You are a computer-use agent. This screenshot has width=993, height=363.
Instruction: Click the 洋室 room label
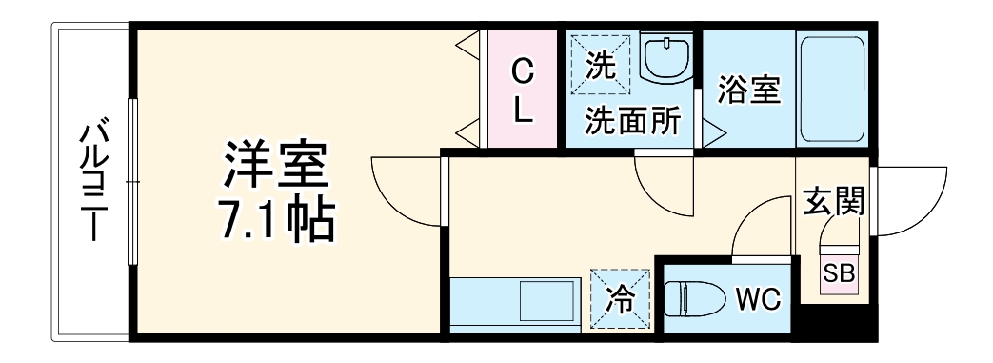(275, 165)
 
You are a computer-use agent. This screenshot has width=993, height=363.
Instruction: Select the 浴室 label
(748, 91)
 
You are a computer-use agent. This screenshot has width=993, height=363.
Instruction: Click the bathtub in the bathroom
(831, 89)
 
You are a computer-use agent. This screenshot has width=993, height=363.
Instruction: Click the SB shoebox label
(839, 273)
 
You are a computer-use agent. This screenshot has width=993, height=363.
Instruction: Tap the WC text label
(759, 299)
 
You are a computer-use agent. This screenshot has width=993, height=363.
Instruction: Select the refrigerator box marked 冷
(620, 299)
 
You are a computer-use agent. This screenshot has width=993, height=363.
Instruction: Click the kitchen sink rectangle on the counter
(547, 301)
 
